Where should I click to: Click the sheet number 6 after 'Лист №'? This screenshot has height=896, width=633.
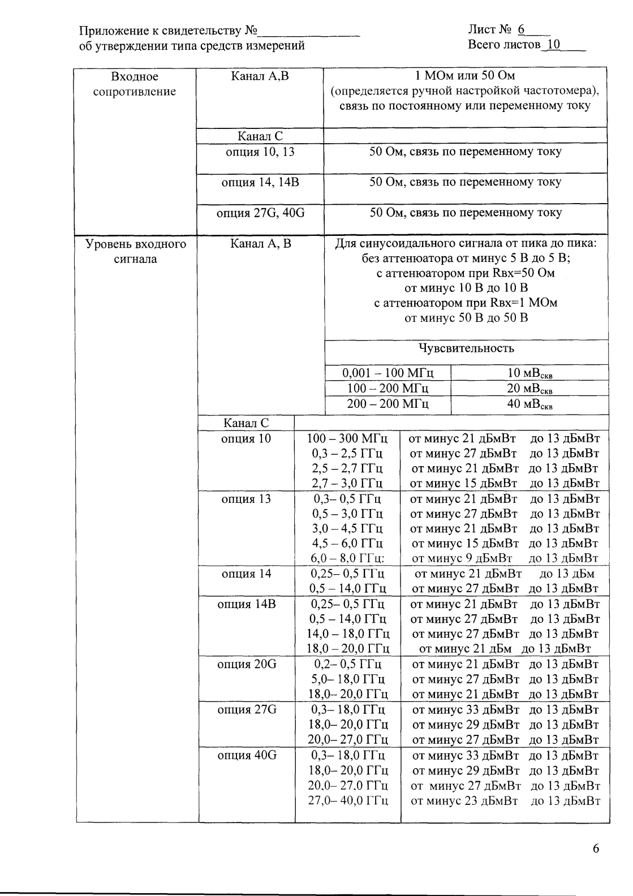(x=521, y=29)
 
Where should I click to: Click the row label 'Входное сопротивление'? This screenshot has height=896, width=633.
(x=135, y=84)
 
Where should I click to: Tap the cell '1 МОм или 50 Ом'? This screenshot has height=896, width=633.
(x=465, y=76)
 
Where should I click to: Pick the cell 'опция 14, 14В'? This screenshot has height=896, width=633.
(x=260, y=182)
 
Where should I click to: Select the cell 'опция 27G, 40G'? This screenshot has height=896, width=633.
(x=260, y=213)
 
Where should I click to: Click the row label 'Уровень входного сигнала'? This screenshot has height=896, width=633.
(x=136, y=252)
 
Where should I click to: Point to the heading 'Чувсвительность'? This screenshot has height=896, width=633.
(x=466, y=348)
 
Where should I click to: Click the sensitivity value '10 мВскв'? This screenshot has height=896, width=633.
(x=529, y=373)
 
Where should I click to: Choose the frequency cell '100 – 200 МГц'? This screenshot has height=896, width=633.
(x=388, y=389)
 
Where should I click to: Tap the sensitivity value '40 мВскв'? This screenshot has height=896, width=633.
(x=529, y=404)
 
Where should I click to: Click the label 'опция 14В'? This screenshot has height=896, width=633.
(x=247, y=604)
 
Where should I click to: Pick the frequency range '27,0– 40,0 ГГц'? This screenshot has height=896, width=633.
(x=348, y=800)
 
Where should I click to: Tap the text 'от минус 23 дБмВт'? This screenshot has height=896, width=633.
(x=464, y=800)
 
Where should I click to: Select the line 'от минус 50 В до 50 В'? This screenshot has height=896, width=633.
(x=466, y=318)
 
